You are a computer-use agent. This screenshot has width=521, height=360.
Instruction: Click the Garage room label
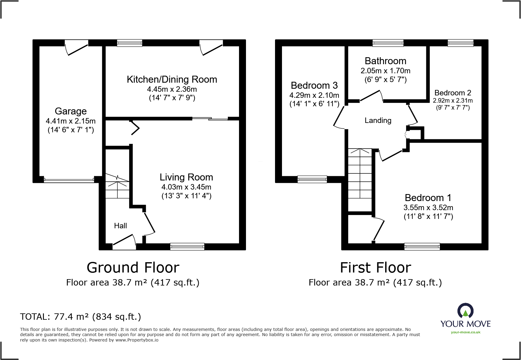71,111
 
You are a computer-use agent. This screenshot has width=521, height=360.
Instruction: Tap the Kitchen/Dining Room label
172,79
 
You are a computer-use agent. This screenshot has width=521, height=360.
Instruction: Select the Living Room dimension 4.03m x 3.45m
186,187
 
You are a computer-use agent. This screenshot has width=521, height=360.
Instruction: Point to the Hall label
120,226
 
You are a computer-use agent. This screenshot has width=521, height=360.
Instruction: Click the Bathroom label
385,61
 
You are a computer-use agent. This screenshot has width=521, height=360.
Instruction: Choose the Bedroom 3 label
314,85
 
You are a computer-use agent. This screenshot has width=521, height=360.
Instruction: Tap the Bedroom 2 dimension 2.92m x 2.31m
453,101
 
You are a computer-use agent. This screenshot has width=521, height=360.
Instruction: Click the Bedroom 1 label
428,198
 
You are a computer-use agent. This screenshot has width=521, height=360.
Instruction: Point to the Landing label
378,121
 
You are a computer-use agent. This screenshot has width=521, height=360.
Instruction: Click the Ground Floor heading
133,268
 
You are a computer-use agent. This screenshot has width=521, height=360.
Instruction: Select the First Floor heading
375,268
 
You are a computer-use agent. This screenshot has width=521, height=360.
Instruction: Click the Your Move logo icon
465,311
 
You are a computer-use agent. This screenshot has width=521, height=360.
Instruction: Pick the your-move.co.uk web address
466,332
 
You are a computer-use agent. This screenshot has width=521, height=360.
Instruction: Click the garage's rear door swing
77,48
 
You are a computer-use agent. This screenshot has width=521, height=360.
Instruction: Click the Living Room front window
187,247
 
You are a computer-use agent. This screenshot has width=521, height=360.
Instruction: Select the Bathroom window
388,43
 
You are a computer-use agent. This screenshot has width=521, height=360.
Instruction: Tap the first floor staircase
360,180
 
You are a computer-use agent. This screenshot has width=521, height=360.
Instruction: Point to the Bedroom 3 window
312,179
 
